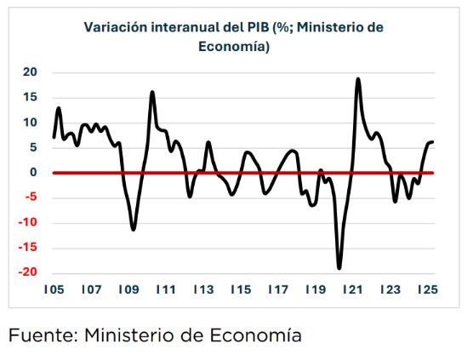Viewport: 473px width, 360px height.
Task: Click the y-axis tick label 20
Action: tap(30, 72)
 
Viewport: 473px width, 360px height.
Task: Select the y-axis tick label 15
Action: tap(30, 98)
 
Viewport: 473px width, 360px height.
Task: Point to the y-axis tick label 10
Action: tap(30, 123)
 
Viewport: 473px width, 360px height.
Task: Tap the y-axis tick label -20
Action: tap(26, 273)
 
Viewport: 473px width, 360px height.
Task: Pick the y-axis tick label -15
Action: tap(26, 249)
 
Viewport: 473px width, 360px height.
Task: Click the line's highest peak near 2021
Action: tap(358, 79)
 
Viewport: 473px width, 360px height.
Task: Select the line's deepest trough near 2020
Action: tap(339, 268)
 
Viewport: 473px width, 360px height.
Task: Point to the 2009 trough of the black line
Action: tap(134, 229)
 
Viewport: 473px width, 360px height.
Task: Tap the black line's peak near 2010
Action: tap(152, 92)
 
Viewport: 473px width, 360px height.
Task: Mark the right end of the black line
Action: tap(433, 142)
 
